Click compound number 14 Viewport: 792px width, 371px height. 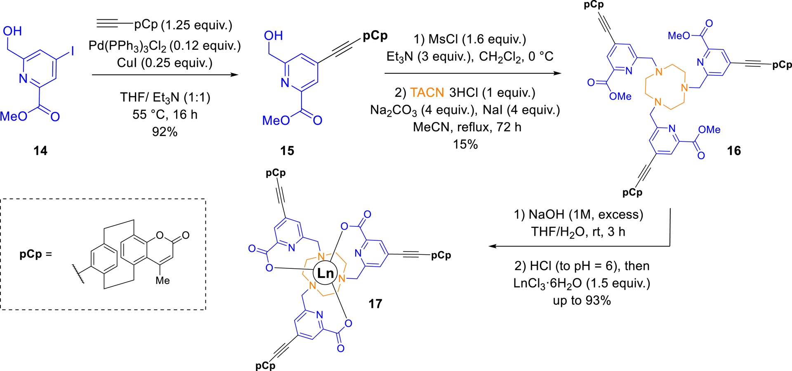(x=40, y=151)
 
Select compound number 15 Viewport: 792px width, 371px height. (x=287, y=151)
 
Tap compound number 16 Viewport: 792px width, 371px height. (x=734, y=151)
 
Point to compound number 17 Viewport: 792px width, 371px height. (x=375, y=304)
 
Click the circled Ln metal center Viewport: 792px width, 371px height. (x=325, y=273)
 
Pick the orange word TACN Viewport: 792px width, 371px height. (x=427, y=93)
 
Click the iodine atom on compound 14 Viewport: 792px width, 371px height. (x=73, y=51)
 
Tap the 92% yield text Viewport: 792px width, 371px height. (x=165, y=132)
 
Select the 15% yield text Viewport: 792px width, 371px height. (x=465, y=144)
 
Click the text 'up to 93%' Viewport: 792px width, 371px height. (x=582, y=301)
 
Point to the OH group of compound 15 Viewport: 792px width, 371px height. (x=273, y=36)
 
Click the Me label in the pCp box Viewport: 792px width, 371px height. (x=163, y=281)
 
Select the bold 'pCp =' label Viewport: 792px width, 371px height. (x=36, y=254)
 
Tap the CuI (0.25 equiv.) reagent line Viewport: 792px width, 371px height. (x=165, y=63)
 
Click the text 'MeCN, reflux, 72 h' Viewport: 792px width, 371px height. (x=467, y=127)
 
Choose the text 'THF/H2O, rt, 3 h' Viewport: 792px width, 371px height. (x=578, y=232)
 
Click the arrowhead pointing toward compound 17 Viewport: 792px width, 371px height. (x=492, y=247)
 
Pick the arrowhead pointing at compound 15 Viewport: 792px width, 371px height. (x=235, y=75)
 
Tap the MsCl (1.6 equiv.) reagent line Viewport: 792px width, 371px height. (x=470, y=39)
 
